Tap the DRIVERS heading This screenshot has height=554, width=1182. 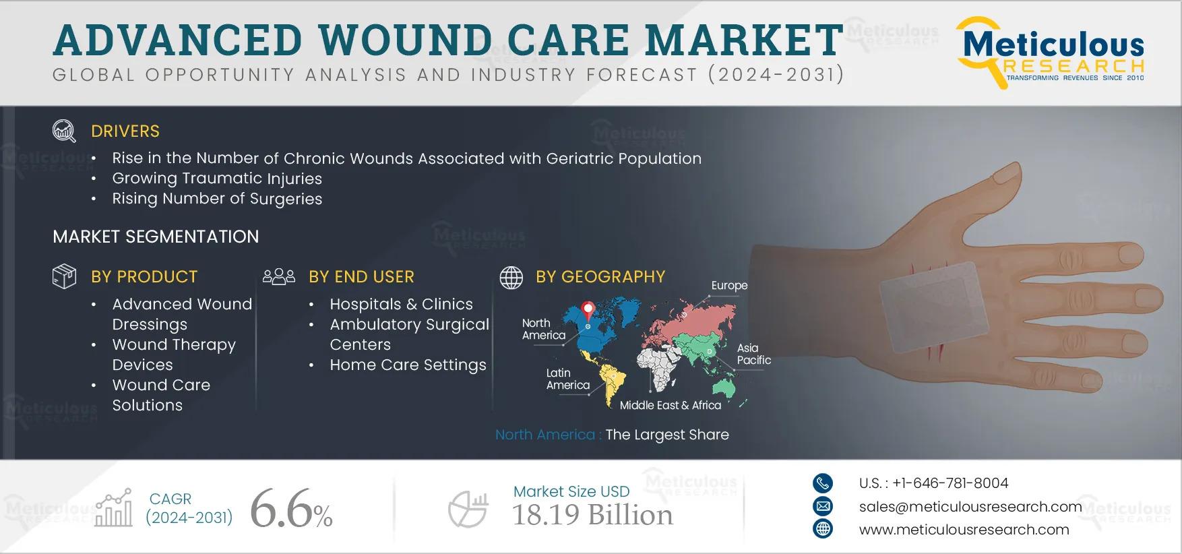[125, 131]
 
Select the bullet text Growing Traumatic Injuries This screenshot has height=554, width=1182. [217, 179]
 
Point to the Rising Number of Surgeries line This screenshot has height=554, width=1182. [217, 199]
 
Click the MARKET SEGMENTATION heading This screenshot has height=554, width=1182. [156, 237]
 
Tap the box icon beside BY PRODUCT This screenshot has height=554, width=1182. [64, 276]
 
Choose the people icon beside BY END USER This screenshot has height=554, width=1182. [279, 276]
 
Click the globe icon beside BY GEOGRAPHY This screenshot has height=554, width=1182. [511, 277]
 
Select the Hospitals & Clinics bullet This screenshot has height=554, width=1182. [401, 305]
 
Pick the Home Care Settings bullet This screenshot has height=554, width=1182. [408, 365]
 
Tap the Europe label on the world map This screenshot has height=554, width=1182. [729, 285]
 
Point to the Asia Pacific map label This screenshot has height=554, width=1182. [753, 354]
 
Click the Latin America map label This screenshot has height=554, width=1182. [567, 379]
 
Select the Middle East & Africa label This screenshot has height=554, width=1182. [670, 405]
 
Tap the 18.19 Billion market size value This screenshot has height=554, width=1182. [593, 516]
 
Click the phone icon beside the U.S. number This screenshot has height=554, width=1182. [823, 483]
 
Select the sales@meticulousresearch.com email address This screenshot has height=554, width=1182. [970, 507]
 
